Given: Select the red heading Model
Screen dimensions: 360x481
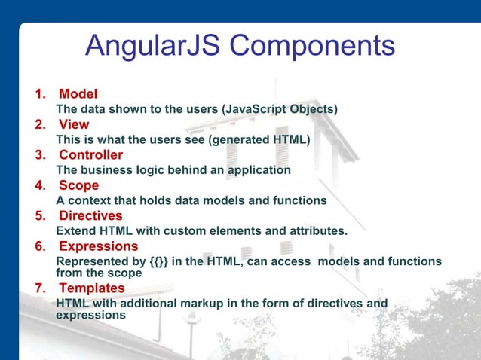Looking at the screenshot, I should click(78, 95).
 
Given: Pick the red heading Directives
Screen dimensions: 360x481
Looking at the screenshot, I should click(90, 215).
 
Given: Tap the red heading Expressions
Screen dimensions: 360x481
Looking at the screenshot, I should click(98, 246).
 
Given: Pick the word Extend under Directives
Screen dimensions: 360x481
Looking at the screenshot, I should click(76, 230).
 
